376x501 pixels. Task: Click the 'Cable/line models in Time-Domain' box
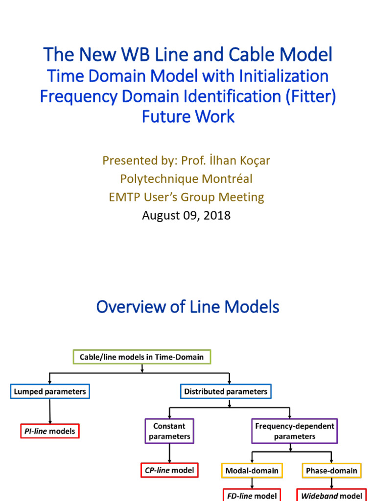[142, 357]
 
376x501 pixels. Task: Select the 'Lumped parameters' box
[50, 391]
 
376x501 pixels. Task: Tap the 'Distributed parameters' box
[226, 391]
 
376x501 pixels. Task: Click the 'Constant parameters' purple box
[169, 431]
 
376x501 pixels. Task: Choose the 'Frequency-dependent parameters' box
[295, 431]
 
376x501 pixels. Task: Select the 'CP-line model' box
[169, 471]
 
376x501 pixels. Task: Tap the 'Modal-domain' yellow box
[252, 471]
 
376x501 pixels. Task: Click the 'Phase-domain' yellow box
[331, 471]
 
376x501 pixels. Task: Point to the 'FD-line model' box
[252, 495]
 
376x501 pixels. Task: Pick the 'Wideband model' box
[331, 495]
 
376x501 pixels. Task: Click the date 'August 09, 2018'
[186, 215]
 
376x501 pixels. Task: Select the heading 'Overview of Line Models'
[188, 307]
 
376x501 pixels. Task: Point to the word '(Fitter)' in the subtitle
[311, 96]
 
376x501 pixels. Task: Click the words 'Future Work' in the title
[188, 116]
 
